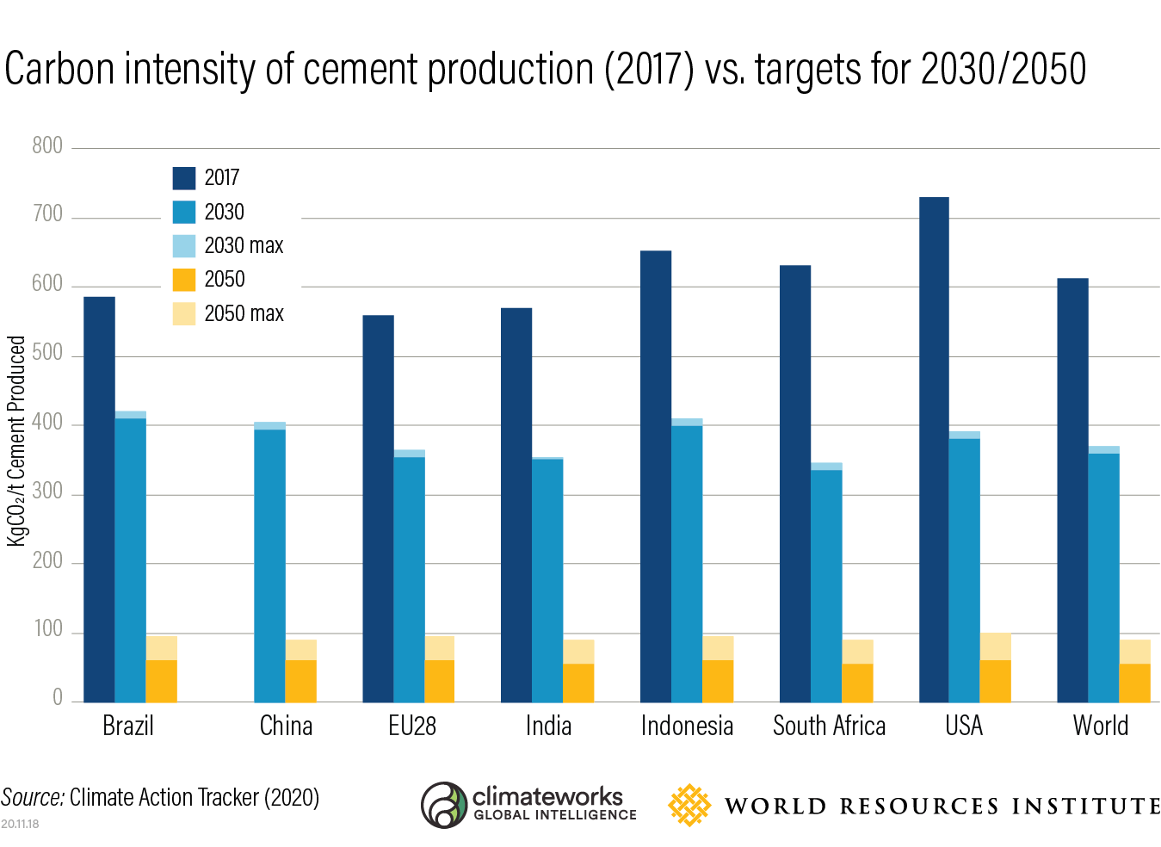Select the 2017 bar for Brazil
click(x=99, y=499)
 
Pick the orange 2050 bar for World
click(x=1134, y=683)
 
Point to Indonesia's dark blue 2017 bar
click(x=656, y=476)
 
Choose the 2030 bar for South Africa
click(x=826, y=585)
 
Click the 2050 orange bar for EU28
click(x=439, y=681)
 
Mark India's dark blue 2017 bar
click(x=516, y=504)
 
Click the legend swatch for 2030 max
click(x=184, y=246)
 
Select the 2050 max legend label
click(x=244, y=314)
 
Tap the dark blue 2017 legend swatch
click(x=184, y=178)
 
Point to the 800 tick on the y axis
click(x=47, y=146)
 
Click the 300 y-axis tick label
click(x=47, y=492)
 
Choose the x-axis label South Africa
click(x=829, y=726)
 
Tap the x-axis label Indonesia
click(x=687, y=726)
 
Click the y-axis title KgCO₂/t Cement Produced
click(x=16, y=441)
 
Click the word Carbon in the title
click(x=59, y=70)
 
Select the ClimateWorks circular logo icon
click(x=444, y=805)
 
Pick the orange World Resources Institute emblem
click(x=689, y=805)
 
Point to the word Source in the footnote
click(x=32, y=798)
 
